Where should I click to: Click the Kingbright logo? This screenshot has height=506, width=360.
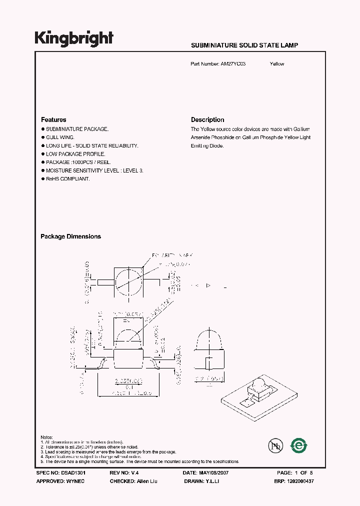pos(73,38)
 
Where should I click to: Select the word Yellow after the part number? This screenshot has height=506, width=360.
pos(277,64)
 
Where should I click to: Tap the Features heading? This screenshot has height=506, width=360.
pos(53,120)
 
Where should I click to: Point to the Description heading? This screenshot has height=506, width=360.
pos(207,120)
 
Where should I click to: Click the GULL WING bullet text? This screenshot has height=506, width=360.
pos(60,137)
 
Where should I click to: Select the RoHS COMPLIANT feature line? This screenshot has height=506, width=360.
pos(67,179)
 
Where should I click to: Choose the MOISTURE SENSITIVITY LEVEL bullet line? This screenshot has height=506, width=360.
pos(94,170)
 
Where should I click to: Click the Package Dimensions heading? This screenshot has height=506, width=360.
pos(70,236)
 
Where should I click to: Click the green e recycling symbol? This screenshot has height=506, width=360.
pos(299,444)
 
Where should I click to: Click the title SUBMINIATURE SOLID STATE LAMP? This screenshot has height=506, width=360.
pos(244,45)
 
